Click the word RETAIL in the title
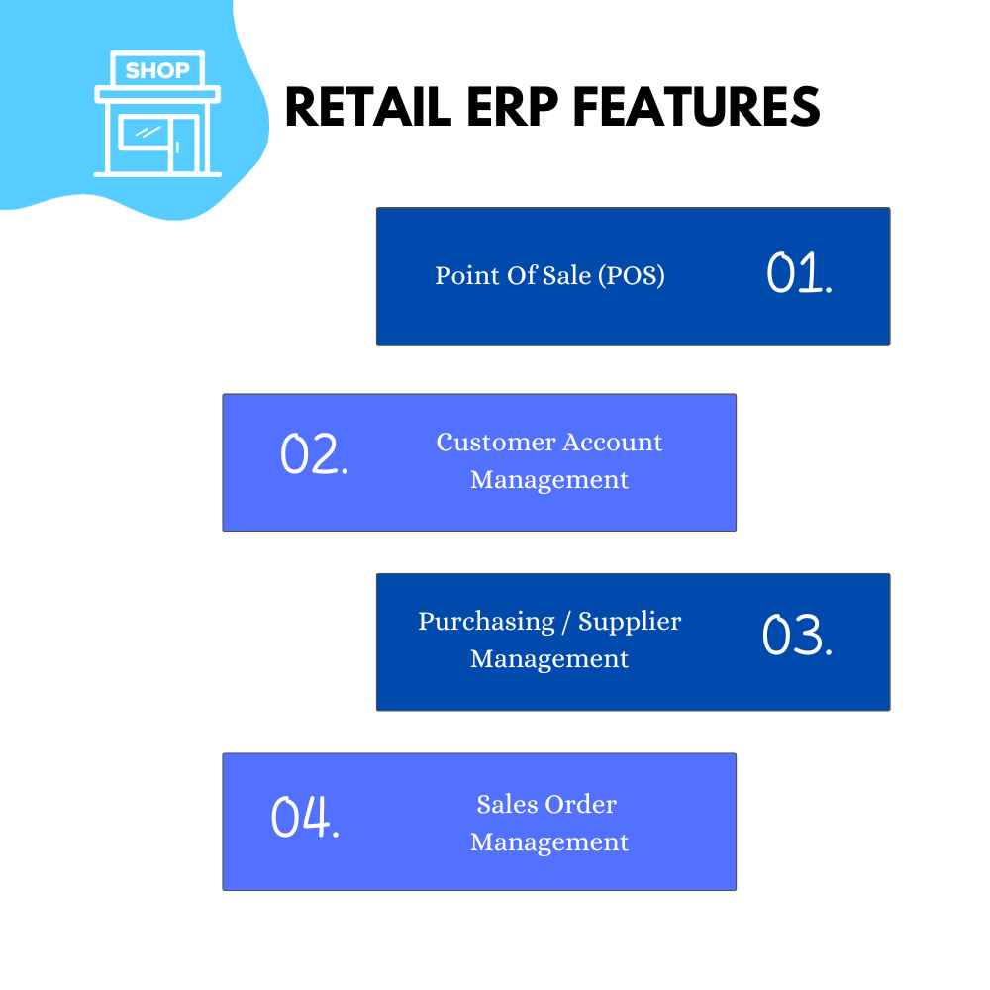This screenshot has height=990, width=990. click(368, 107)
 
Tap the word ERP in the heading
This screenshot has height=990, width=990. click(513, 107)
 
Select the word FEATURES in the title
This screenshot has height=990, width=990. click(697, 107)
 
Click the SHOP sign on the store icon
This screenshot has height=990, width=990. click(157, 69)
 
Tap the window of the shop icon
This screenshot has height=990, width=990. click(144, 134)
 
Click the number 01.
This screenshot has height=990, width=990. click(799, 273)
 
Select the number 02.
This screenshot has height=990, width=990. click(314, 453)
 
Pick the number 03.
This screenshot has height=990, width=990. click(797, 634)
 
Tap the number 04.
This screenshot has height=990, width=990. click(305, 817)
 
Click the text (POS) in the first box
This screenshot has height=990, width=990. click(631, 276)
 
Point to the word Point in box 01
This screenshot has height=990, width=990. click(467, 275)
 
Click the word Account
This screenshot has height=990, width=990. click(613, 442)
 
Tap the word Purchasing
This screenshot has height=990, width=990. click(486, 622)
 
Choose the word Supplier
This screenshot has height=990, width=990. click(630, 622)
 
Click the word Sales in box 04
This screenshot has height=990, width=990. click(507, 804)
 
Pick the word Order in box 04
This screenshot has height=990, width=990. click(581, 804)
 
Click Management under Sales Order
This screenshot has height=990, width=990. click(549, 842)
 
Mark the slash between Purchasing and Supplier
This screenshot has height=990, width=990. click(566, 622)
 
